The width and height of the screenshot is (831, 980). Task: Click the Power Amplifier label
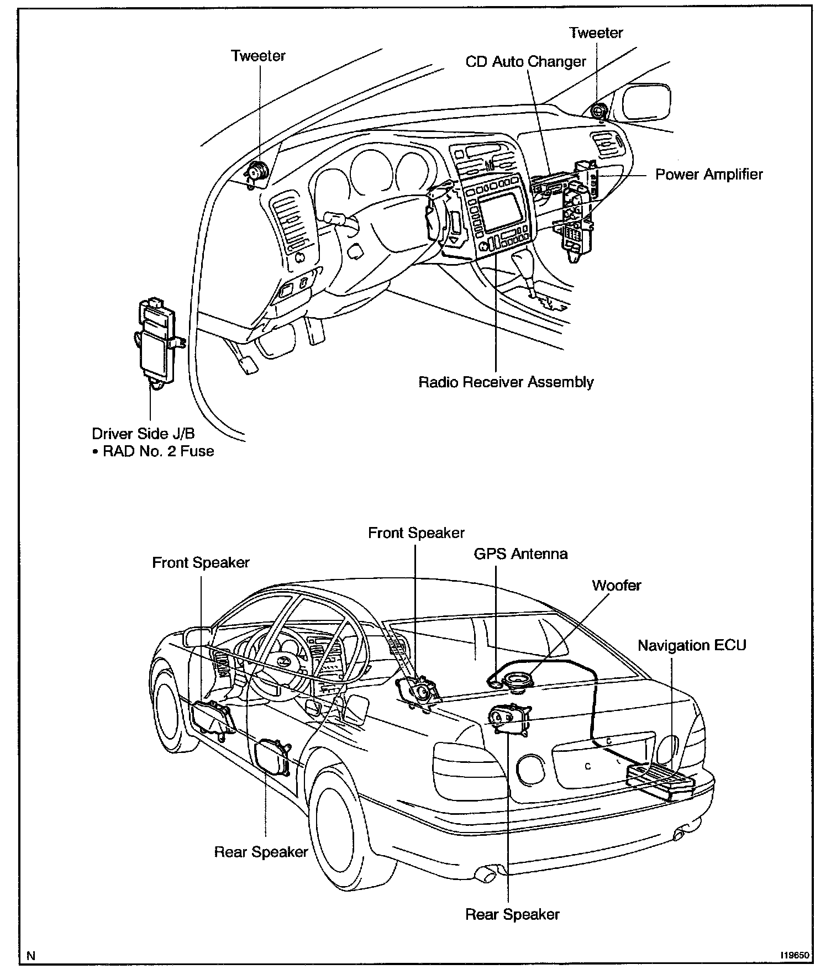[x=708, y=175]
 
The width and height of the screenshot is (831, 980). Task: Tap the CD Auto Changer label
[x=525, y=61]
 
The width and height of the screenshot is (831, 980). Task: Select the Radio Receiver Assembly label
[x=506, y=382]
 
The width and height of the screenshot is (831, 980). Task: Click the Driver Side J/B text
[x=143, y=434]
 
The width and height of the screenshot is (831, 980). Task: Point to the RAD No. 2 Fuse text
[x=158, y=451]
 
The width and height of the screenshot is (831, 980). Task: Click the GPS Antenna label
[x=520, y=554]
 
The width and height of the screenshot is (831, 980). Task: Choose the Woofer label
[x=616, y=585]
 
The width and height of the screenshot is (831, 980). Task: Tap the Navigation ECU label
[x=692, y=645]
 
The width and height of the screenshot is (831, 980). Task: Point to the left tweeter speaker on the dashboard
[x=256, y=172]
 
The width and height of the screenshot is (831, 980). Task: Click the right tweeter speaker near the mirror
[x=598, y=110]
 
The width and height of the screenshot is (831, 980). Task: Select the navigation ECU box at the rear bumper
[x=660, y=781]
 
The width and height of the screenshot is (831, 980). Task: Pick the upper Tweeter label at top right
[x=596, y=33]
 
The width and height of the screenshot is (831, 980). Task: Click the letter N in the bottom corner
[x=31, y=956]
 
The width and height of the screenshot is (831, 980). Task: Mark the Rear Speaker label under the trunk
[x=512, y=914]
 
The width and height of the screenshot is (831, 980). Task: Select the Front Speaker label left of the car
[x=201, y=563]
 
